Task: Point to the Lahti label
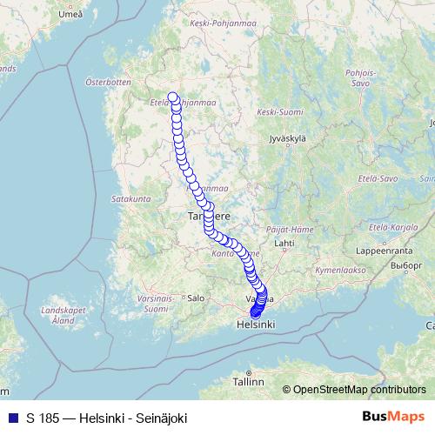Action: click(284, 244)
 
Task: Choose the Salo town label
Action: click(196, 297)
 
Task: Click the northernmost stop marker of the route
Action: click(173, 97)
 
